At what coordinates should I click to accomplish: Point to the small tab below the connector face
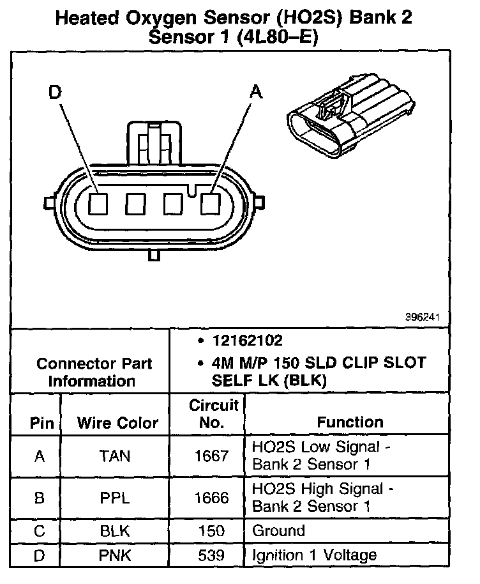click(x=153, y=255)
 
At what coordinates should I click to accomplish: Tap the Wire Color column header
click(x=117, y=422)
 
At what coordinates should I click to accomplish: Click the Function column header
click(x=350, y=422)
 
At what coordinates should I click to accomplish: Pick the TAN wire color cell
click(x=115, y=456)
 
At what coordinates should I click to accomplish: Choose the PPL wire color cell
click(x=115, y=498)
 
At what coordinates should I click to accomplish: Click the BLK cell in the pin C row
click(x=115, y=530)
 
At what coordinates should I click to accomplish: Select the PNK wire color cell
click(x=115, y=555)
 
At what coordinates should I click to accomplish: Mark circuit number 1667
click(x=211, y=456)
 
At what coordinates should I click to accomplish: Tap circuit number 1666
click(x=211, y=498)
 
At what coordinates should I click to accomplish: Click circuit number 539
click(x=211, y=555)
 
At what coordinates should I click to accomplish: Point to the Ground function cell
click(x=279, y=530)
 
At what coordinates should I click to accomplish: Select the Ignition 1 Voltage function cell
click(x=315, y=555)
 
